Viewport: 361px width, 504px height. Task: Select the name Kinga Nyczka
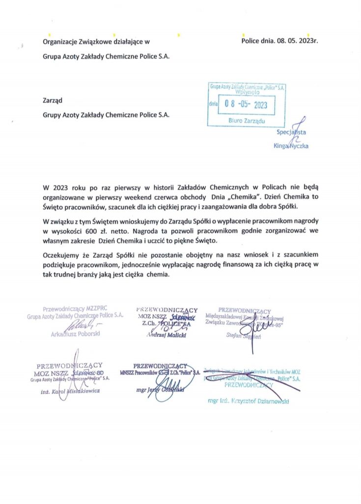(291, 146)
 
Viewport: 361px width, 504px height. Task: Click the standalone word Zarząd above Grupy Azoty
(53, 101)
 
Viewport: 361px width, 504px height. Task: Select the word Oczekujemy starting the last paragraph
(62, 254)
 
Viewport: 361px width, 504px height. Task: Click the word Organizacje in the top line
(60, 41)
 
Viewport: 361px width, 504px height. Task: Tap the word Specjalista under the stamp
(292, 132)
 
